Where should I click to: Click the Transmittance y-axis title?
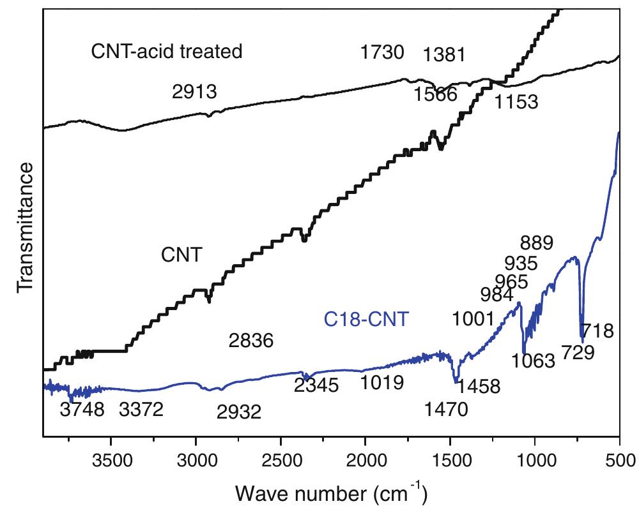click(26, 227)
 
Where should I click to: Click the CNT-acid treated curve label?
click(167, 51)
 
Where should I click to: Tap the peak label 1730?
click(381, 52)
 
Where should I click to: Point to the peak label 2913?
click(195, 92)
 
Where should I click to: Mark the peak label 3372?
click(141, 409)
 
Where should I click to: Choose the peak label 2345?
click(316, 385)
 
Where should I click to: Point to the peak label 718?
click(599, 331)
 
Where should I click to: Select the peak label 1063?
click(534, 361)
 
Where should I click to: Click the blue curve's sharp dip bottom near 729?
click(581, 338)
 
